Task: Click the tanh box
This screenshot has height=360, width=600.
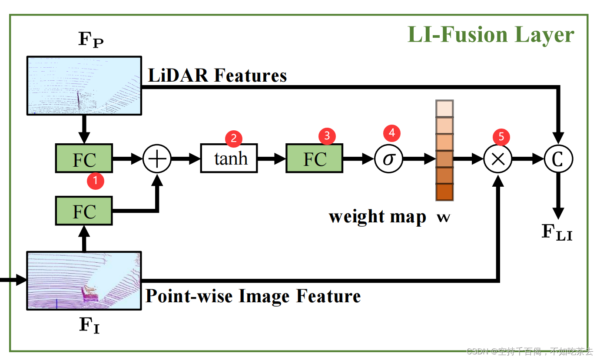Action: coord(229,159)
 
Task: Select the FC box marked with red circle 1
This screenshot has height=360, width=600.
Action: coord(84,159)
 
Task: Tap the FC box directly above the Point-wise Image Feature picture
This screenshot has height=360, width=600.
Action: coord(84,211)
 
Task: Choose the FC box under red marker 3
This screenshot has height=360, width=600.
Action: coord(314,159)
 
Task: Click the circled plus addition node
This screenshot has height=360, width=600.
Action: coord(157,159)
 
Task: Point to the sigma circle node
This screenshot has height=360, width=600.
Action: coord(388,159)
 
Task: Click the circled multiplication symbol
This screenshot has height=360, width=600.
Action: coord(498,159)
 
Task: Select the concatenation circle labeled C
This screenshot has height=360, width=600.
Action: coord(558,159)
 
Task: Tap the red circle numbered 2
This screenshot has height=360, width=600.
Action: coord(234,139)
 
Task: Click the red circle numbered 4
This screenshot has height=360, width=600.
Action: coord(391,132)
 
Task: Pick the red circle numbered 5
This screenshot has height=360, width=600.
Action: coord(501,137)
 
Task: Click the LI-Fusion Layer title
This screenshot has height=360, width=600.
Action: coord(491,35)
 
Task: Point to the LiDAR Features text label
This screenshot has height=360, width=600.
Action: coord(217,76)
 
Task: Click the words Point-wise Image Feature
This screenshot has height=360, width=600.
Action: coord(253,296)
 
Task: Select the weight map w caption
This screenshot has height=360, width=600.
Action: coord(389,216)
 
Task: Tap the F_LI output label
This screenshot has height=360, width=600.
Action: coord(557,232)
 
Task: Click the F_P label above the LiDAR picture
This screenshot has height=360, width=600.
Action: coord(91,40)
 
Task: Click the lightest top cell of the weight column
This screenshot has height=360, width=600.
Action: coord(444,109)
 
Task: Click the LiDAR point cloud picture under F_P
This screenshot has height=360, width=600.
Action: coord(84,86)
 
